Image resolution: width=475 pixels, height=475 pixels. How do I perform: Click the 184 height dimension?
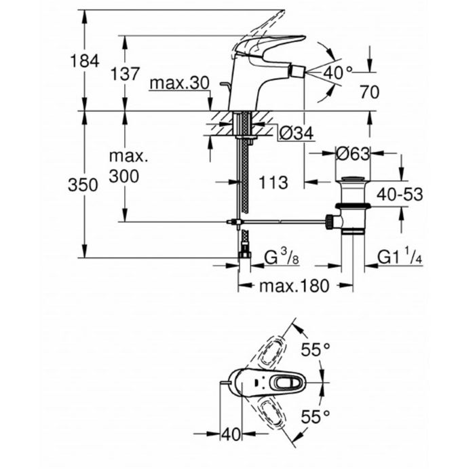pos(84,61)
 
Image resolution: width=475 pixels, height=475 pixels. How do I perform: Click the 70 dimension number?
pos(369,93)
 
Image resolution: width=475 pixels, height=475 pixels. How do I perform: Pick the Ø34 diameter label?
pos(296,134)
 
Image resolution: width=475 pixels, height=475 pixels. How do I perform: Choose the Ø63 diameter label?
pos(353,154)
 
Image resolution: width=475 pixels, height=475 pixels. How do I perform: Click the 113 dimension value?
pos(273,182)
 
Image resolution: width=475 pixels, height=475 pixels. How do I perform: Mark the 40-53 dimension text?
pos(400,195)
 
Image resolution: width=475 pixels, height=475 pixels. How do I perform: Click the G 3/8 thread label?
pos(280,258)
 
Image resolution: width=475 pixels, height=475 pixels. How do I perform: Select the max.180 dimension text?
pos(294,286)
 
